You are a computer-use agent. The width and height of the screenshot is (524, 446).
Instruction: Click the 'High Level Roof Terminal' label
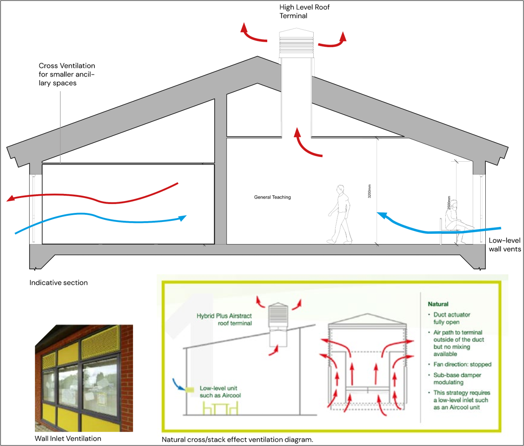304,11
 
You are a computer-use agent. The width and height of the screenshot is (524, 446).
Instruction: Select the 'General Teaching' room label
272,197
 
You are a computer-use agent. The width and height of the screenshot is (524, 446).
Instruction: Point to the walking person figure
340,214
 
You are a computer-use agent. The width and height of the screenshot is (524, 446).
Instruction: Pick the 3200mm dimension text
369,191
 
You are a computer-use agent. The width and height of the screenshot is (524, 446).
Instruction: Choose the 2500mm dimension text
449,203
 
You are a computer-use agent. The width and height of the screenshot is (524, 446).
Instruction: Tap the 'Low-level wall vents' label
505,245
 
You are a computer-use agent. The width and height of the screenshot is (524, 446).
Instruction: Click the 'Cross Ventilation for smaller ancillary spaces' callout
67,74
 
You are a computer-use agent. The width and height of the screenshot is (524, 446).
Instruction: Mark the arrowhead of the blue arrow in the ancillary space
183,218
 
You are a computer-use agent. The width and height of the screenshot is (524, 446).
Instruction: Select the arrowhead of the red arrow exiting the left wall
10,199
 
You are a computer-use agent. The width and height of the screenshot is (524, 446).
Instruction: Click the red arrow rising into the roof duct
304,145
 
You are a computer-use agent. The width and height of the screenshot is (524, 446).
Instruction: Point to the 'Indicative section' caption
59,283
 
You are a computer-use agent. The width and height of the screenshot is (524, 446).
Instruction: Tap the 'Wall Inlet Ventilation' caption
68,439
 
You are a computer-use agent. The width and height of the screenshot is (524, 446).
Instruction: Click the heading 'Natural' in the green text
438,304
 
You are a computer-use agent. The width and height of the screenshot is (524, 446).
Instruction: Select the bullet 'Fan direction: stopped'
462,364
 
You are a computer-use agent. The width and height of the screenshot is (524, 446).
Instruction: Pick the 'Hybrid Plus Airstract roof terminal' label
224,320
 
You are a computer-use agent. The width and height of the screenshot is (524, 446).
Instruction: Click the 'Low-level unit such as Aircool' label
220,392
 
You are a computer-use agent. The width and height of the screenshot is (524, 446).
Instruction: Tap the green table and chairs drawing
221,409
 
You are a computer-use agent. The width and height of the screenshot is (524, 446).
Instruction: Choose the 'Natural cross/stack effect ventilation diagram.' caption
238,440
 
